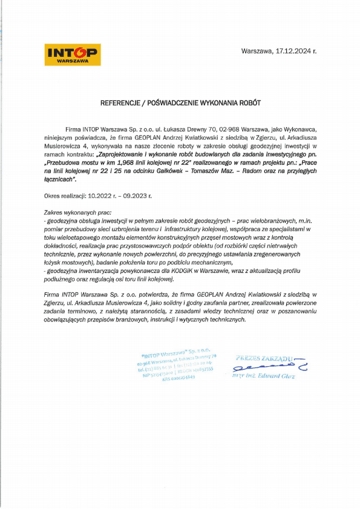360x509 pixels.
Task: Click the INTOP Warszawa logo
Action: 73,54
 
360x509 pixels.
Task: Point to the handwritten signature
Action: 266,367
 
